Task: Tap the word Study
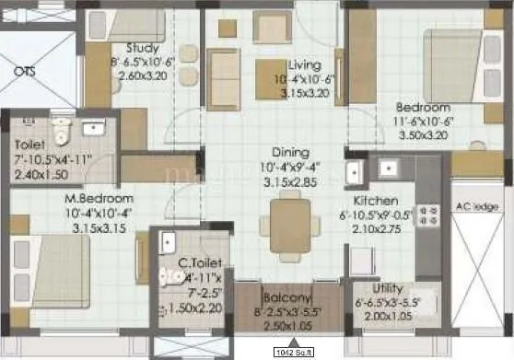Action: coord(142,48)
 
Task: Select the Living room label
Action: coord(304,65)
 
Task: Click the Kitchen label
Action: coord(375,200)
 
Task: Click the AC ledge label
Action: coord(473,207)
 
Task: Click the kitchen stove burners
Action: coord(427,216)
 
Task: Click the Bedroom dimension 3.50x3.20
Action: coord(424,134)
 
